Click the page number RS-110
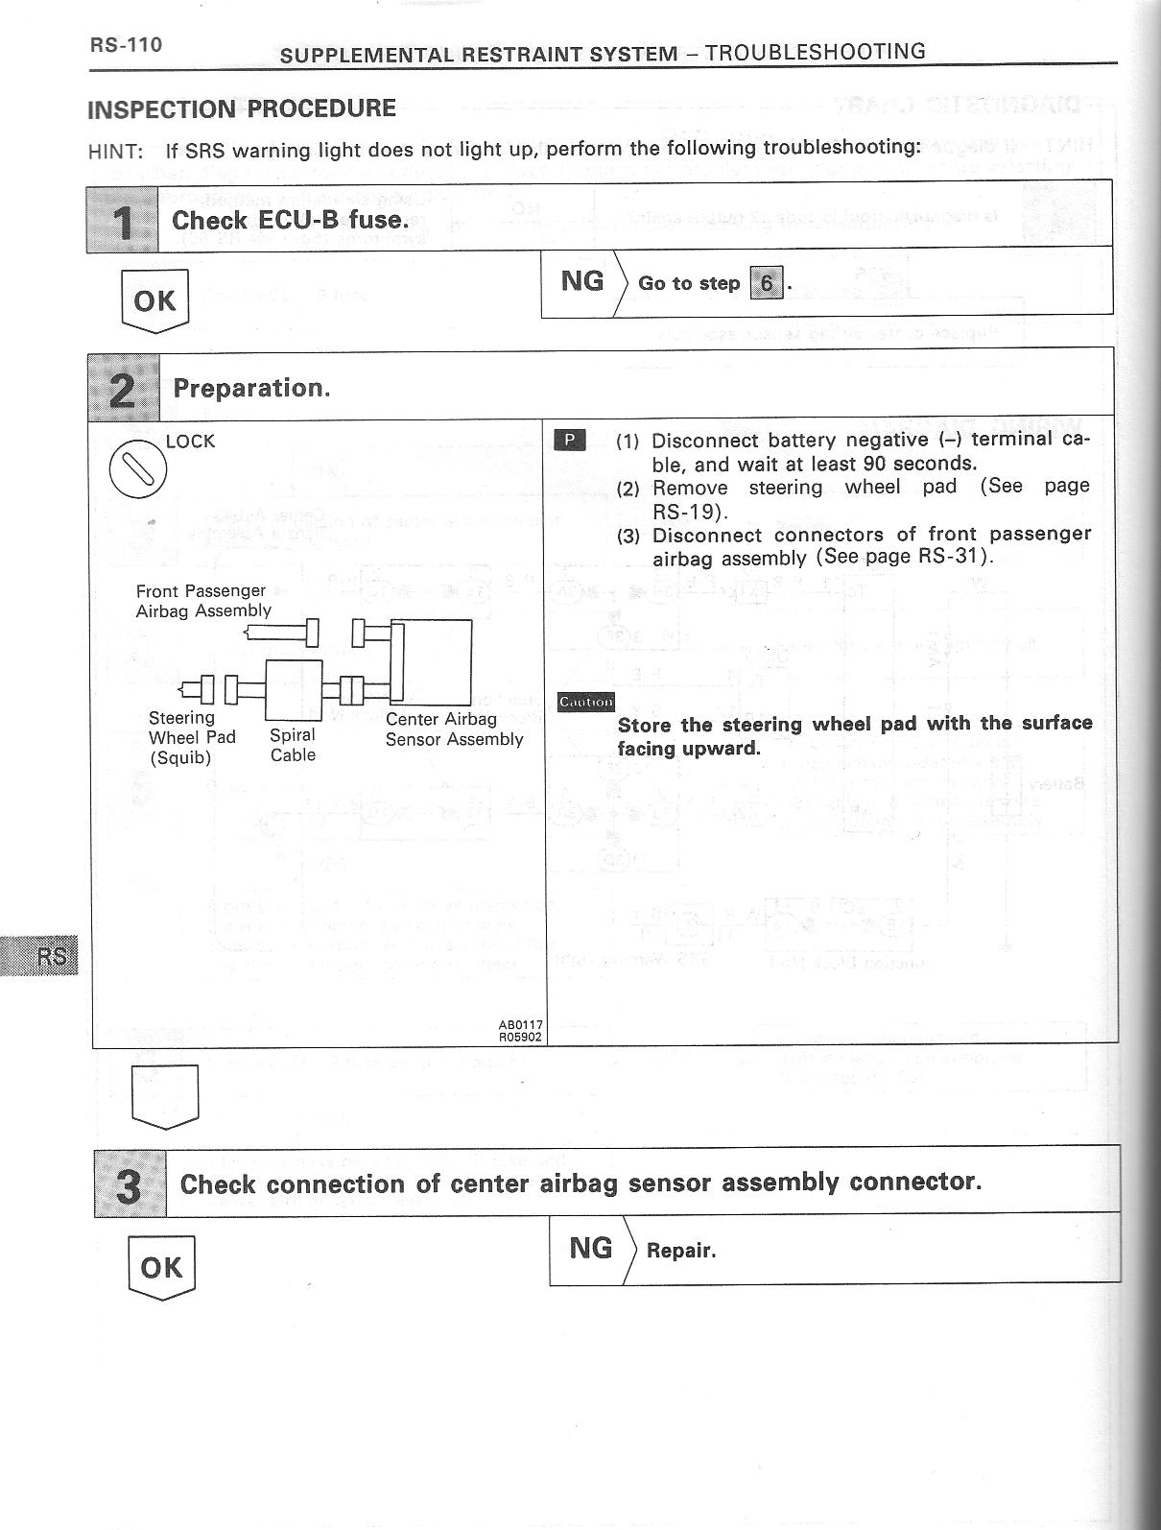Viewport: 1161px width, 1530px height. [126, 45]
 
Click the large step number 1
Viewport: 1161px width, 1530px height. [123, 222]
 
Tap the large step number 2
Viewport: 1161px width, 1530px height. [124, 389]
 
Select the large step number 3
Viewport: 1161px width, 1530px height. [130, 1185]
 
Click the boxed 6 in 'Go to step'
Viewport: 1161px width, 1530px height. [766, 284]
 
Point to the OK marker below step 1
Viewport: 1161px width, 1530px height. [154, 300]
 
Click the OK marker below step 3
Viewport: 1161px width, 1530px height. [161, 1267]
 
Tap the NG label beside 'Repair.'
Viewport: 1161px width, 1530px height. [590, 1248]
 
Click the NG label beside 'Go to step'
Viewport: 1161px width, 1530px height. [582, 281]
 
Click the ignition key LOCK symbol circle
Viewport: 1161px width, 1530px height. [138, 469]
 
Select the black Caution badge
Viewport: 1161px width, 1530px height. [585, 702]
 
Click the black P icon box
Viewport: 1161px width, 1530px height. [570, 441]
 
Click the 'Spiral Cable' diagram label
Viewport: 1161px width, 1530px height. [293, 745]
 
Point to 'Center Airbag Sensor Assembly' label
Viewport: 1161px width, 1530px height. [454, 729]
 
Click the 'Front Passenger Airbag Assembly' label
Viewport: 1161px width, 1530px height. [203, 601]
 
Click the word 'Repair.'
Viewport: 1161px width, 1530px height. [681, 1251]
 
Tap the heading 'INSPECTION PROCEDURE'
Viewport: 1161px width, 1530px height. [242, 108]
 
